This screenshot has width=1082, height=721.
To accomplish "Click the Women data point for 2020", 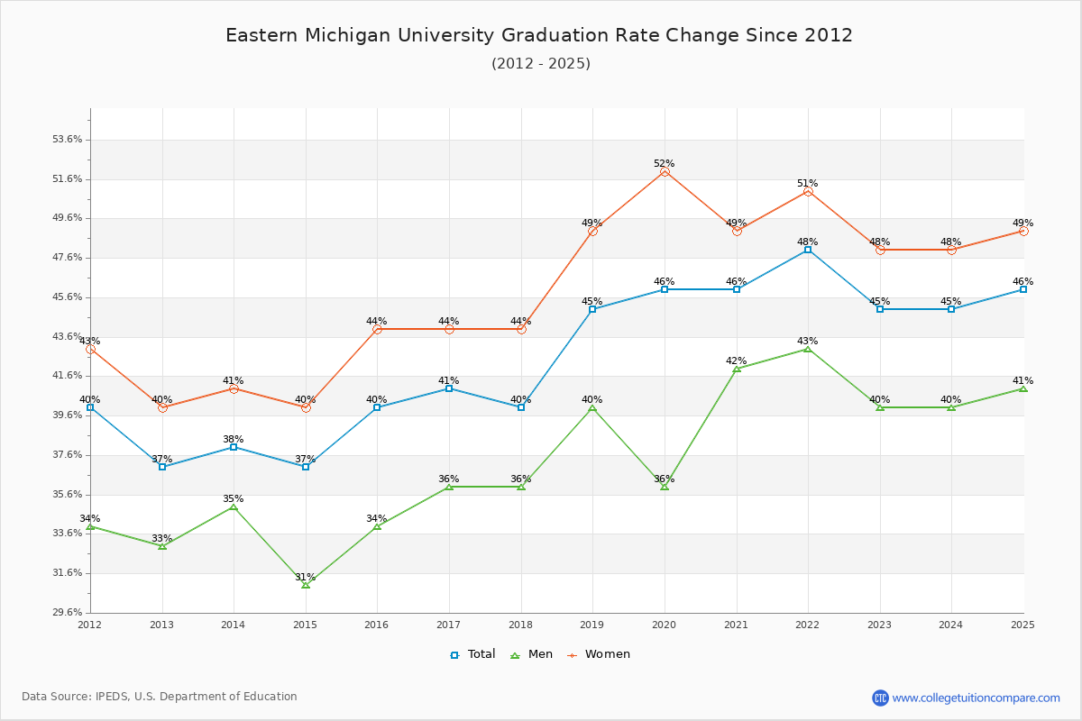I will click(x=665, y=171).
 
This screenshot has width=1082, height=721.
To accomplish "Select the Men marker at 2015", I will click(x=306, y=585).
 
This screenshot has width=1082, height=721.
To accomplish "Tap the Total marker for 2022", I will click(x=808, y=250).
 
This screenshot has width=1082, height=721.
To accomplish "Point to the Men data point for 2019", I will click(x=592, y=408).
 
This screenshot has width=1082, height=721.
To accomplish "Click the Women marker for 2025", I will click(x=1023, y=231).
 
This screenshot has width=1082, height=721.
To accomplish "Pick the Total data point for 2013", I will click(x=162, y=467).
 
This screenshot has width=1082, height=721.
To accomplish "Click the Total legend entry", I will click(x=473, y=654).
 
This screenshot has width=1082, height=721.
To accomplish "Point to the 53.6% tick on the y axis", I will click(x=68, y=140).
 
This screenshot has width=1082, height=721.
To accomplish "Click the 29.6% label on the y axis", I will click(x=68, y=613).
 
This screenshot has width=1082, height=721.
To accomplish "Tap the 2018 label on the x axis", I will click(x=520, y=625).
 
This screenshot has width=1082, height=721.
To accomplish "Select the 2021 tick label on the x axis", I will click(x=736, y=625).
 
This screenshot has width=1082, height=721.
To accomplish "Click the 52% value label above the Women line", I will click(x=665, y=164).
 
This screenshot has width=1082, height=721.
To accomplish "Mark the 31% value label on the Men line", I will click(x=306, y=578).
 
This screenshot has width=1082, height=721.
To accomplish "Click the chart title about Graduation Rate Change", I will click(x=539, y=35).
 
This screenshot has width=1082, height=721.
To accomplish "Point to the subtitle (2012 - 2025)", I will click(x=541, y=64).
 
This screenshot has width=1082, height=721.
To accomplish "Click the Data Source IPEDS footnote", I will click(x=160, y=697).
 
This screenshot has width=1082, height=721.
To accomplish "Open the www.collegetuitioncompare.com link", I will click(x=976, y=698).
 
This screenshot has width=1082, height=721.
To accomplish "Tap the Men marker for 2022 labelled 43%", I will click(x=808, y=349).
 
